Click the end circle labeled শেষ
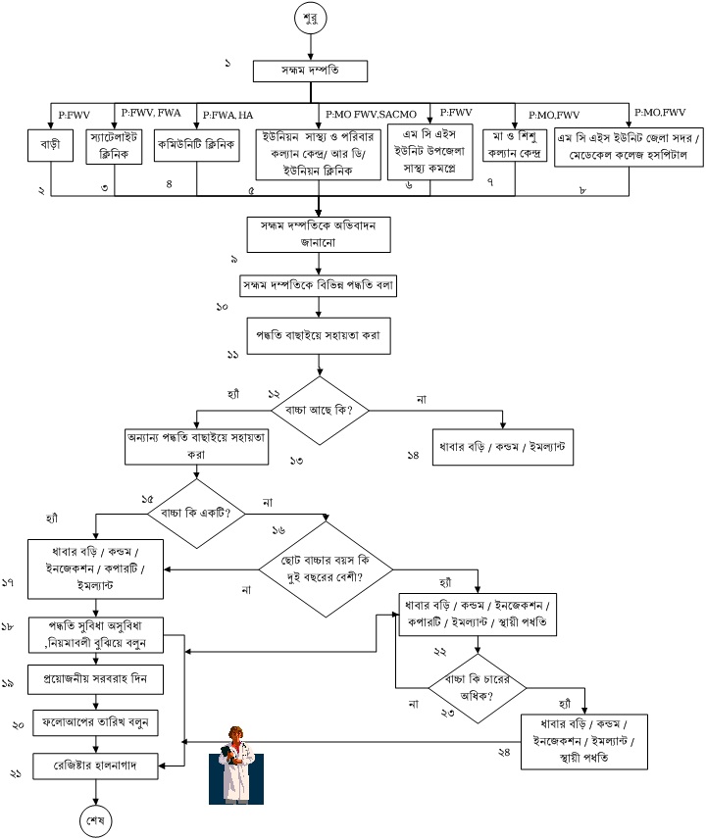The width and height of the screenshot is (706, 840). point(96,818)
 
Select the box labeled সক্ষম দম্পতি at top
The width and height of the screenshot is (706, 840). point(311,72)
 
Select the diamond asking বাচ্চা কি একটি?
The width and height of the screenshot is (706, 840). point(196,513)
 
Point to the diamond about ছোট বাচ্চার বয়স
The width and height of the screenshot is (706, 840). point(324,571)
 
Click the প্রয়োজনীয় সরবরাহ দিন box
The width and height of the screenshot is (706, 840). point(95,677)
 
